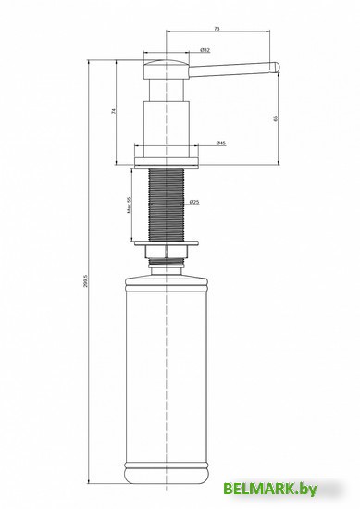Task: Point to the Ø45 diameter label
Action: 221,142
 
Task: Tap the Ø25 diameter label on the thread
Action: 195,202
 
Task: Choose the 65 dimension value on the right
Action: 276,118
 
